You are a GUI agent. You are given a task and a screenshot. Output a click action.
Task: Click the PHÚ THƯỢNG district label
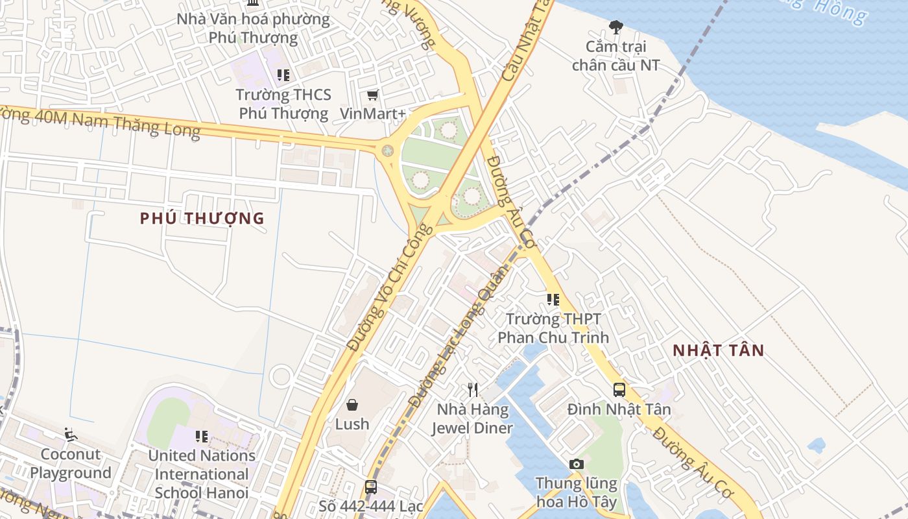(x=202, y=218)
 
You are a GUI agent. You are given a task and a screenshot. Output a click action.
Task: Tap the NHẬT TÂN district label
(x=718, y=350)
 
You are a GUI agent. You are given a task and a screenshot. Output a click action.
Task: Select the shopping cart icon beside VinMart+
(x=372, y=95)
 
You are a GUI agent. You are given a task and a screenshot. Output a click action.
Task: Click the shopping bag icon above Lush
(x=352, y=405)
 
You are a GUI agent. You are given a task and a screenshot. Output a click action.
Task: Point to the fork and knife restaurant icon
(x=473, y=389)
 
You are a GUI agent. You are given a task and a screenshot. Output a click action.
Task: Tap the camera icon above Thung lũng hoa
(x=576, y=464)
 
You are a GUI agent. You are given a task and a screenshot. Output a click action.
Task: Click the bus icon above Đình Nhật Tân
(x=619, y=389)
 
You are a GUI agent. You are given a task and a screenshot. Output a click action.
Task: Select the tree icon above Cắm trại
(x=615, y=27)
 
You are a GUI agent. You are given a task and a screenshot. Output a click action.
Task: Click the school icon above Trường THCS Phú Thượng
(x=283, y=75)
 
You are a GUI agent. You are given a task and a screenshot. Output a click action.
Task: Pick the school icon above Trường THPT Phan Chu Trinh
(x=553, y=299)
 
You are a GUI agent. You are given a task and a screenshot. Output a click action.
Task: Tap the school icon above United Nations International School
(x=202, y=436)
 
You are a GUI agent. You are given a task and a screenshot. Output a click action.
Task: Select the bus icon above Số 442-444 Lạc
(x=370, y=487)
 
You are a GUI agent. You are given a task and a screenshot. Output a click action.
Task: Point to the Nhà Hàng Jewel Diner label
(x=472, y=419)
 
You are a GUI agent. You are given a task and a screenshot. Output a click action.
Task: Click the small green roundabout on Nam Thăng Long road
(x=387, y=151)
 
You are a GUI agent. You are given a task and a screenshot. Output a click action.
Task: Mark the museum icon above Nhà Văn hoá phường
(x=253, y=3)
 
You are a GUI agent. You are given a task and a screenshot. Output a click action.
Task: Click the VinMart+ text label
(x=372, y=114)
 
